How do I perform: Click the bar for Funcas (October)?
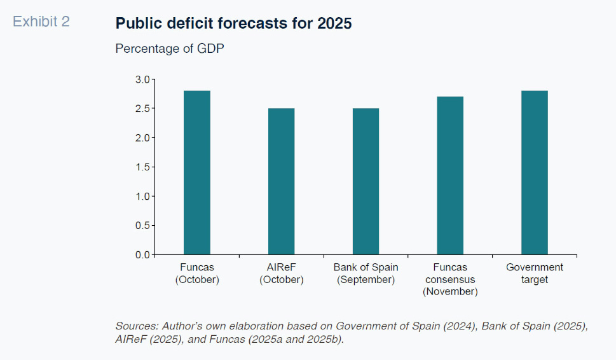click(196, 172)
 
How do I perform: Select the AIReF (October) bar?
click(281, 181)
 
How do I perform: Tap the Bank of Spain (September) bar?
click(366, 181)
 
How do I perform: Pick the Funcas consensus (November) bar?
click(450, 176)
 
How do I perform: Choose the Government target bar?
click(535, 172)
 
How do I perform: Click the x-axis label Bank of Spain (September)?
click(366, 273)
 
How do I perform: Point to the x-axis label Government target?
click(535, 273)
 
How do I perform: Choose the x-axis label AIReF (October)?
click(281, 273)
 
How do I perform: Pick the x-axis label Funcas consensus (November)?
click(450, 279)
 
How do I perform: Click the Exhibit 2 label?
click(41, 22)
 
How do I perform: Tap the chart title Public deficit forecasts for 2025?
click(233, 24)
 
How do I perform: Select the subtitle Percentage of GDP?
click(170, 49)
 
